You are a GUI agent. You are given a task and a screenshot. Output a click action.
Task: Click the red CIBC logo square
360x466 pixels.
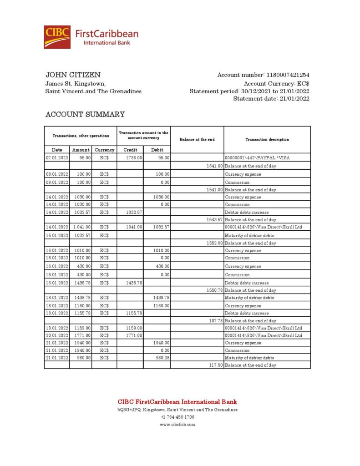pos(57,37)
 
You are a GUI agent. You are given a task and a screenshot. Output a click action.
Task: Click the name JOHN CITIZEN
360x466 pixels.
pos(73,75)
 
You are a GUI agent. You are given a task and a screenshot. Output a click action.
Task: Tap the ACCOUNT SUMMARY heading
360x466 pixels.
pos(85,115)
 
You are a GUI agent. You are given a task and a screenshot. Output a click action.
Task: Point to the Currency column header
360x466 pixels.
pos(104,150)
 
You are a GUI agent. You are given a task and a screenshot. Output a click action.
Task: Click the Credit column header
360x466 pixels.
pos(130,150)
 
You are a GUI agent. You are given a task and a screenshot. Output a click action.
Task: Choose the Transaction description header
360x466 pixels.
pos(267,140)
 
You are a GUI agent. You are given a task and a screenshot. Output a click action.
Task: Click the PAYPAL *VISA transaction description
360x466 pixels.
pos(257,158)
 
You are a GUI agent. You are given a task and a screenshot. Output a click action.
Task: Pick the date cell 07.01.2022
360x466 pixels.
pos(57,158)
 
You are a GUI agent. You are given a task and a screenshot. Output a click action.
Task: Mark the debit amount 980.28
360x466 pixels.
pos(162,358)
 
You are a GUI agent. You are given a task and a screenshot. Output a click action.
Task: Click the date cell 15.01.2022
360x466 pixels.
pos(57,236)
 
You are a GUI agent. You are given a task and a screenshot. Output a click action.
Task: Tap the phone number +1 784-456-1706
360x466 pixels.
pos(177,417)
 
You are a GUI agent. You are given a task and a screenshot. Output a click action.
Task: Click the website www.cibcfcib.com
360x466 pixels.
pos(177,425)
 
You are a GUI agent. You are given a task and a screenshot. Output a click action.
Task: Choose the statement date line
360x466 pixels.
pos(271,99)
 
